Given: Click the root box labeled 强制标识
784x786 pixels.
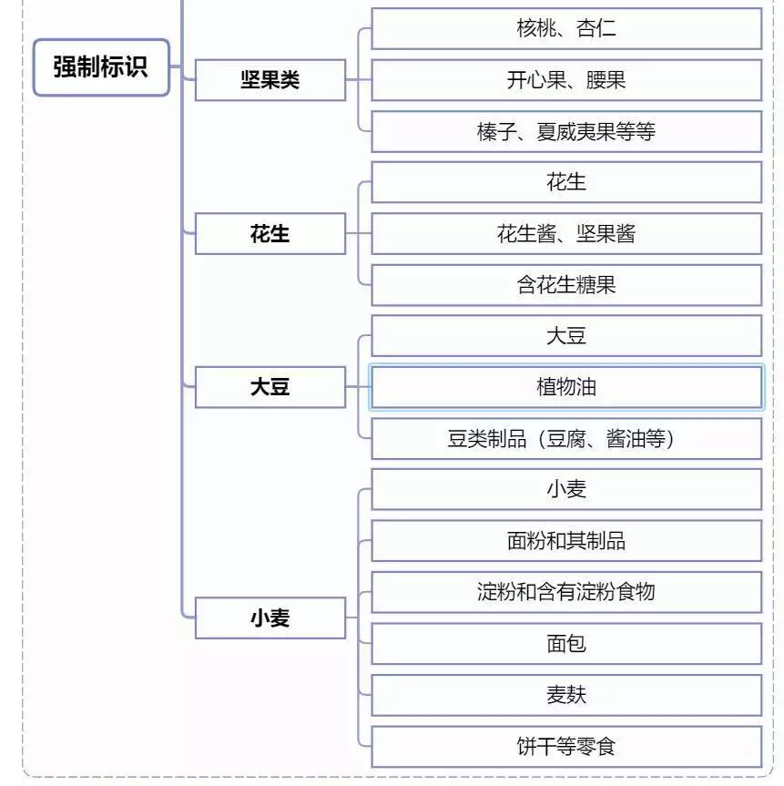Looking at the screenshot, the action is pyautogui.click(x=101, y=67).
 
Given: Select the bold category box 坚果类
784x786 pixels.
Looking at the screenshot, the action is pyautogui.click(x=270, y=80).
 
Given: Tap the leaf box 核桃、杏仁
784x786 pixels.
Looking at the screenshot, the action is pyautogui.click(x=566, y=28).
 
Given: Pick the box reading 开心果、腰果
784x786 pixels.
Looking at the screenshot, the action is pyautogui.click(x=566, y=80).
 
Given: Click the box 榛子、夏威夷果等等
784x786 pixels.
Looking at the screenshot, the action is pyautogui.click(x=566, y=132).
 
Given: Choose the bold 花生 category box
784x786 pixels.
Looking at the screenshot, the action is pyautogui.click(x=270, y=233).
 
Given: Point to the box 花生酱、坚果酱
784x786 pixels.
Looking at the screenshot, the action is pyautogui.click(x=566, y=233).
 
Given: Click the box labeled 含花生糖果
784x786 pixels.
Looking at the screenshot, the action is pyautogui.click(x=566, y=285).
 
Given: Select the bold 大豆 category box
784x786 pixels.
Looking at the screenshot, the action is pyautogui.click(x=270, y=387).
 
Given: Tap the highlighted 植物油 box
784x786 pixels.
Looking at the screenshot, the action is pyautogui.click(x=566, y=387).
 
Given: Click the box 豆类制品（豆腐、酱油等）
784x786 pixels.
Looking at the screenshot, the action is pyautogui.click(x=566, y=439).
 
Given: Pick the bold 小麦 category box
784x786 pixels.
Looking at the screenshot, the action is pyautogui.click(x=270, y=618).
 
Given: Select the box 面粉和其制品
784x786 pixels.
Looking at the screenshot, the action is pyautogui.click(x=566, y=541).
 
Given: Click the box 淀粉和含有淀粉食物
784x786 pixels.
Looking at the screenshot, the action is pyautogui.click(x=566, y=592).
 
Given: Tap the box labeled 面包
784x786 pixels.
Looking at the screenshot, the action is pyautogui.click(x=566, y=644).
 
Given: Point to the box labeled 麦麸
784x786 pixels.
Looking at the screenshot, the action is pyautogui.click(x=566, y=695).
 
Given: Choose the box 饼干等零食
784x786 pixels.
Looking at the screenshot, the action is pyautogui.click(x=566, y=747).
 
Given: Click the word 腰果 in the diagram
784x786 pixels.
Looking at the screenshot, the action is pyautogui.click(x=606, y=80).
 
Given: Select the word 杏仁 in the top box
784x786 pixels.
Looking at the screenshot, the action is pyautogui.click(x=596, y=28).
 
